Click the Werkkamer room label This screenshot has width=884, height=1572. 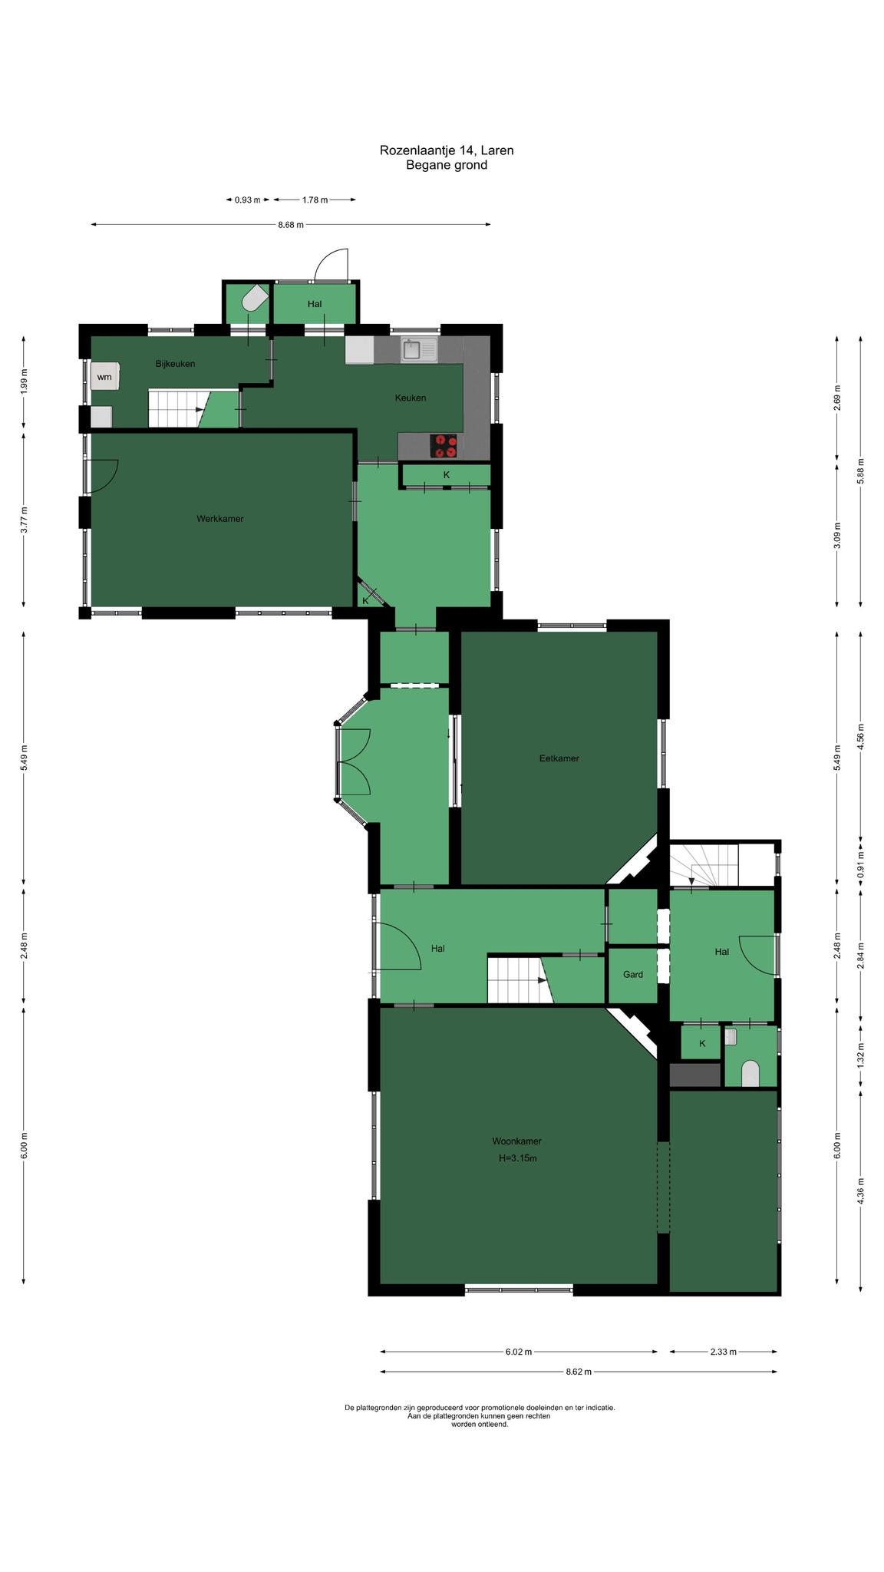pyautogui.click(x=220, y=519)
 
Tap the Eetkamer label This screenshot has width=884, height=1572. pyautogui.click(x=559, y=758)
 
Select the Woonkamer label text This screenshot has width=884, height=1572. pyautogui.click(x=517, y=1141)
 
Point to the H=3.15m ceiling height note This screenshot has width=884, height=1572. pyautogui.click(x=517, y=1158)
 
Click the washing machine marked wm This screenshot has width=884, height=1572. pyautogui.click(x=105, y=377)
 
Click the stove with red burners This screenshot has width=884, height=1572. pyautogui.click(x=444, y=446)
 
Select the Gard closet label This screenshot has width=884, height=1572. pyautogui.click(x=633, y=975)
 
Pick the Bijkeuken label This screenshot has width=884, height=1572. pyautogui.click(x=176, y=364)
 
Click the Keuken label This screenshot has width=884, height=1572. pyautogui.click(x=411, y=398)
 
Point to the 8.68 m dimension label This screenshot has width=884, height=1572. pyautogui.click(x=291, y=225)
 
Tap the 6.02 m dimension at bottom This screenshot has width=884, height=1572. pyautogui.click(x=519, y=1352)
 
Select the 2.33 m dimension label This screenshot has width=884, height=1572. pyautogui.click(x=723, y=1352)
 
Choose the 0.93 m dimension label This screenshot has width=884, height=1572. pyautogui.click(x=248, y=200)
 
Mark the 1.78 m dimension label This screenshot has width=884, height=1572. pyautogui.click(x=315, y=200)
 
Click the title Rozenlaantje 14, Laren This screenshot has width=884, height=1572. pyautogui.click(x=447, y=150)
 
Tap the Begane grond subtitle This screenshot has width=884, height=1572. pyautogui.click(x=447, y=165)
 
